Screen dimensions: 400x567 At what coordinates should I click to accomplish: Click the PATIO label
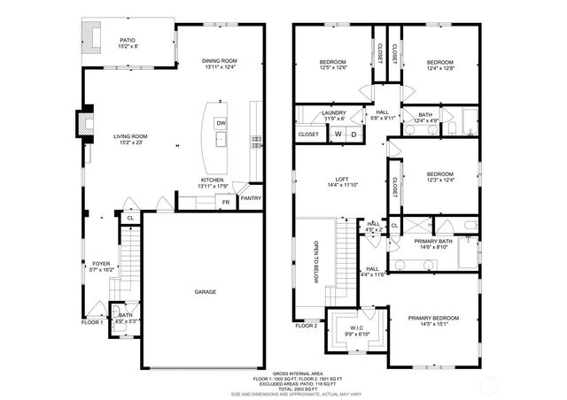(x=128, y=39)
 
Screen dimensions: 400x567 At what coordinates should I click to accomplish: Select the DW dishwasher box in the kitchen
(x=221, y=123)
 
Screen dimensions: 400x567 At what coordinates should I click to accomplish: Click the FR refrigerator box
(x=226, y=203)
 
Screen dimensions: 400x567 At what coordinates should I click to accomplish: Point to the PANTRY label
(x=251, y=199)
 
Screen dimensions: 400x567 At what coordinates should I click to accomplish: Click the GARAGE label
(x=206, y=291)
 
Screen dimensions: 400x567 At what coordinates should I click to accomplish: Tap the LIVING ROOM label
(x=130, y=136)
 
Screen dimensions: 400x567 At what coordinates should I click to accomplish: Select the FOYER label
(x=102, y=264)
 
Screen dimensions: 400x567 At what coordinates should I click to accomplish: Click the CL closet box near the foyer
(x=130, y=217)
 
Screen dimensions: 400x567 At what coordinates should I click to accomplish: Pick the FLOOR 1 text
(x=93, y=323)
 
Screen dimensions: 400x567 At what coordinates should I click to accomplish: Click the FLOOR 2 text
(x=306, y=326)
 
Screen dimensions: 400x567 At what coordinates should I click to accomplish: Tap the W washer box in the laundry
(x=338, y=134)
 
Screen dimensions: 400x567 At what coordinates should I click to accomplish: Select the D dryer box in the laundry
(x=353, y=134)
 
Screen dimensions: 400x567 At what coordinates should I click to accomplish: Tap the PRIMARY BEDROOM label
(x=433, y=318)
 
